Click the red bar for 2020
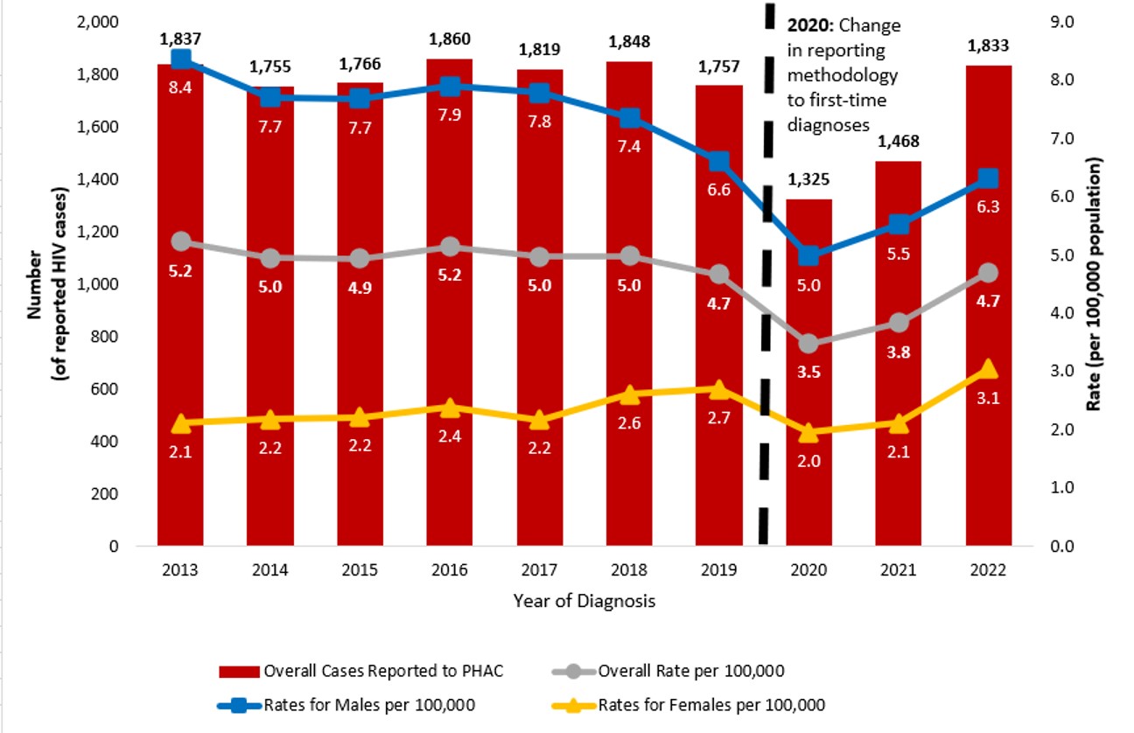[x=808, y=472]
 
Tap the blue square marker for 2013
[x=181, y=59]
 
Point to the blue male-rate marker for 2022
[x=988, y=178]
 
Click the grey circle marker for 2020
[x=808, y=344]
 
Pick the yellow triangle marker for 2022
[x=988, y=369]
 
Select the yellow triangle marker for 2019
[x=718, y=389]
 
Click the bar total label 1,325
[x=808, y=180]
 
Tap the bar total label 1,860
[x=450, y=39]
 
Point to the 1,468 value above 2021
[x=898, y=142]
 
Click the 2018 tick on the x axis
[x=629, y=569]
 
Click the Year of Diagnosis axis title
[x=584, y=601]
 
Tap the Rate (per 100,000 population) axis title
[x=1095, y=284]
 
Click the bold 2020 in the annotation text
[x=808, y=25]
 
